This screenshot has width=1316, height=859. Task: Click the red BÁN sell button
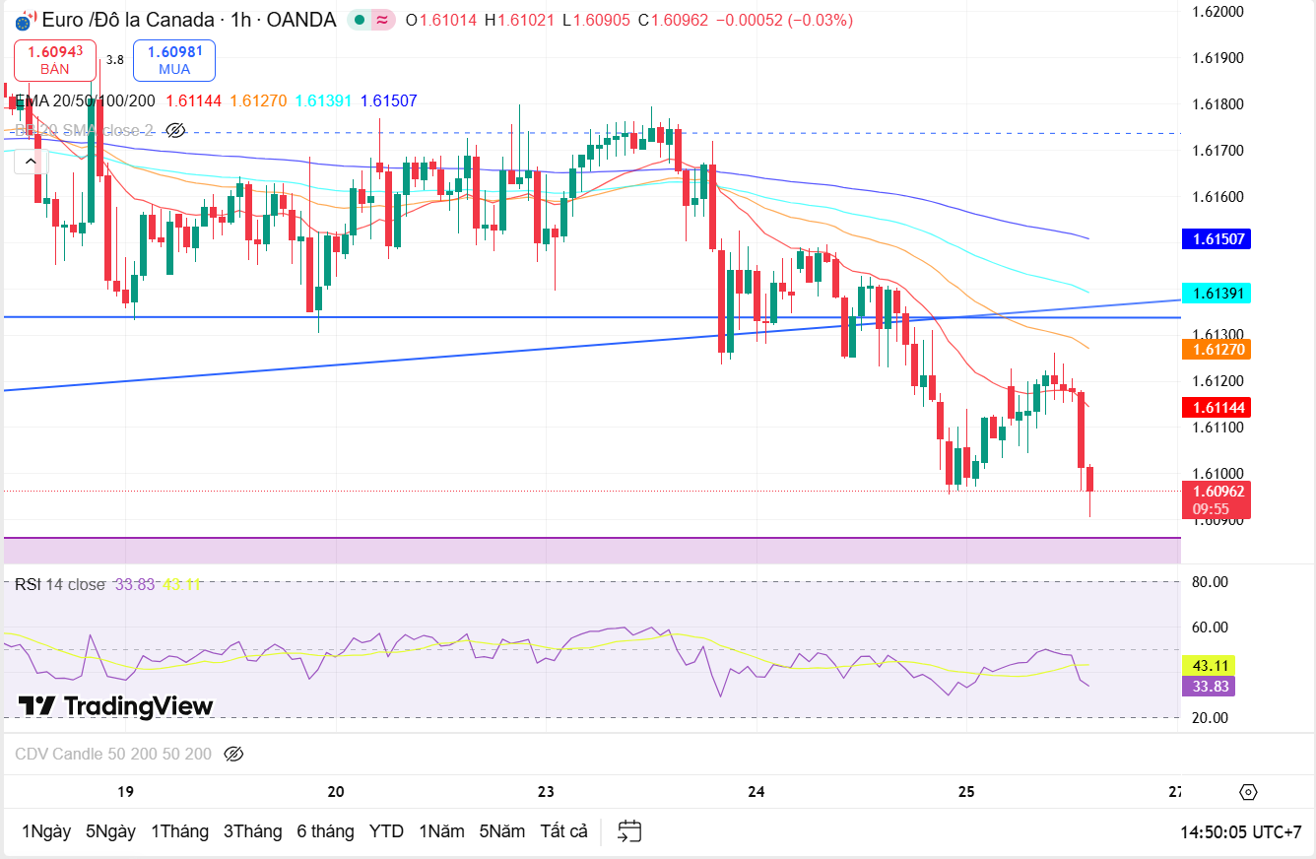click(x=55, y=60)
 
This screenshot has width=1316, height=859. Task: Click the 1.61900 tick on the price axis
click(x=1217, y=58)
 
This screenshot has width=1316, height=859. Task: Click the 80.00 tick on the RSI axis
click(x=1210, y=581)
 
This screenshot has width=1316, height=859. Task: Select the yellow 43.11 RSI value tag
click(x=1209, y=665)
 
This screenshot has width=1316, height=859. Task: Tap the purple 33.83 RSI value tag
click(x=1209, y=687)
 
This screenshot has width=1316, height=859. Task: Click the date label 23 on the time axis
click(x=546, y=792)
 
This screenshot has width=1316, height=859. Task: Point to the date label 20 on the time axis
click(x=336, y=792)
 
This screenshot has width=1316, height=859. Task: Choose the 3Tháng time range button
click(x=252, y=831)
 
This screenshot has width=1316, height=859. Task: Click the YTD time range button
click(x=386, y=831)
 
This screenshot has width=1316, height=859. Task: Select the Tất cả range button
click(x=563, y=831)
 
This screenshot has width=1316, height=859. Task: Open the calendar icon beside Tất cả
click(x=629, y=831)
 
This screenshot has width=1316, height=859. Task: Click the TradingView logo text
click(x=116, y=706)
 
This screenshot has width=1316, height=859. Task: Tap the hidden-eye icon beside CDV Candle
click(x=233, y=755)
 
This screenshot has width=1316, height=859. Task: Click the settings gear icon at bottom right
click(x=1248, y=792)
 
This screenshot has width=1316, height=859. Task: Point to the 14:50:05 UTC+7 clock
click(x=1240, y=832)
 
